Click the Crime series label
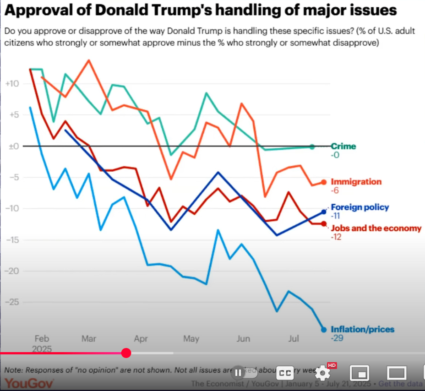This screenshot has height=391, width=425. [x=343, y=147]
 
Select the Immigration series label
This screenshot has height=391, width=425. [x=356, y=182]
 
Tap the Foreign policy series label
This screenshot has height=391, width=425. [x=360, y=207]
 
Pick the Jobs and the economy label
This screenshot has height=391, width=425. [x=376, y=228]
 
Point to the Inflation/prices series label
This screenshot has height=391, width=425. [x=362, y=329]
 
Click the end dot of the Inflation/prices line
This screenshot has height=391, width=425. [x=324, y=329]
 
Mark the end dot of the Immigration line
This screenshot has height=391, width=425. [x=324, y=182]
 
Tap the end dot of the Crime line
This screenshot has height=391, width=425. [x=312, y=147]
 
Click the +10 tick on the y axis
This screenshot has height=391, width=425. [x=11, y=84]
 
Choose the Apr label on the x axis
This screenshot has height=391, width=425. [x=141, y=339]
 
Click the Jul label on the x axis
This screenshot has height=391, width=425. [x=294, y=339]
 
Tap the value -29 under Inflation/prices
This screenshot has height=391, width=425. [x=337, y=338]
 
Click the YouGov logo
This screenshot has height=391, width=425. [x=29, y=383]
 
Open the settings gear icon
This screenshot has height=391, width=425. [x=322, y=373]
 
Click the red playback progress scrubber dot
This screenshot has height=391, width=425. [x=126, y=353]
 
